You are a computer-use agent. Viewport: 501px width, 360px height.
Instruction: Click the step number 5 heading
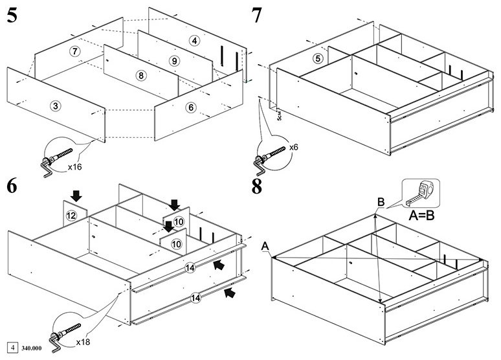(12, 16)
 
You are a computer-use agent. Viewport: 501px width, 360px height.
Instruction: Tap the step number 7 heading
(256, 16)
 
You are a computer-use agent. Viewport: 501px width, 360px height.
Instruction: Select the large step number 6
(12, 186)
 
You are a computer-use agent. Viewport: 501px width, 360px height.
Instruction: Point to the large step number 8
(257, 186)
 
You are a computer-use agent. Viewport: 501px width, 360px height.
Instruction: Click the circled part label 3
(56, 106)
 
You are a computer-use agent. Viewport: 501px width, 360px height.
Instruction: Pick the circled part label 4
(194, 41)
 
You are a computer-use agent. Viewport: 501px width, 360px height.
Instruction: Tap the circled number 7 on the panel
(75, 51)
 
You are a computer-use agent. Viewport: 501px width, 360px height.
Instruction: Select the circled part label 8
(141, 76)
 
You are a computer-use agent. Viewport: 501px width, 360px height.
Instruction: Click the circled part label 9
(174, 61)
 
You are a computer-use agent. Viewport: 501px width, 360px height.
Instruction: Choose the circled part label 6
(191, 107)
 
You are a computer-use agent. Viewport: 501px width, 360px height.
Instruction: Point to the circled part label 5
(318, 58)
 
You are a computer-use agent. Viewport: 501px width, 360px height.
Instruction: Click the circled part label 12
(71, 216)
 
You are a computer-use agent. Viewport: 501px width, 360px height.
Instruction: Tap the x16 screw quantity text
(75, 166)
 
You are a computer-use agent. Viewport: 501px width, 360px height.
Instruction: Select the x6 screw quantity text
(294, 148)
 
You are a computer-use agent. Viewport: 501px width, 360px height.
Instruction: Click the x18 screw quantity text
(83, 342)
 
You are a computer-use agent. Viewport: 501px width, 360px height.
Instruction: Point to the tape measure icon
(421, 193)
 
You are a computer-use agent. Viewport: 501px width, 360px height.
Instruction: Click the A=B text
(422, 216)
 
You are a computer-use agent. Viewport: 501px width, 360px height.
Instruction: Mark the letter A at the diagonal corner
(265, 246)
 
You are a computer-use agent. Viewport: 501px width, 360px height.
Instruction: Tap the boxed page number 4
(13, 348)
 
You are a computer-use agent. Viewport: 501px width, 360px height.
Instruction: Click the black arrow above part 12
(76, 196)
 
